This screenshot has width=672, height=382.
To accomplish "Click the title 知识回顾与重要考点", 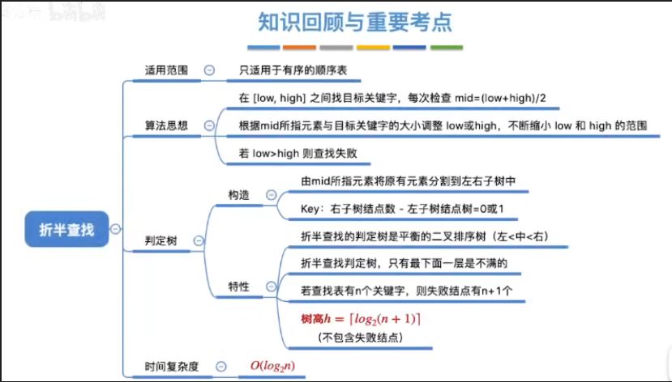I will point(355,22).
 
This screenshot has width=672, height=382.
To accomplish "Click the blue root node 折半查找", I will point(66,230).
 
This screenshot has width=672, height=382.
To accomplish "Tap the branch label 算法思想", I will point(166,125).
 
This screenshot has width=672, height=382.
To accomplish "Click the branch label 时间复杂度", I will point(172,367).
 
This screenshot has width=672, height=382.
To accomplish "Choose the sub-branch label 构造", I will point(239,194).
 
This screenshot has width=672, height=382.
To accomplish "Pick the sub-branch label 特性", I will point(239,286).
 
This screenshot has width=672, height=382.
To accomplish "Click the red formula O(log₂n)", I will point(272,366).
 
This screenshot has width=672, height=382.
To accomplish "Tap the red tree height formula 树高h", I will point(361,319).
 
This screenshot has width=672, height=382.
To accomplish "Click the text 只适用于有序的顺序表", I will point(293,70).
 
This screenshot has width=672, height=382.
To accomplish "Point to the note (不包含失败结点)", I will point(361,336).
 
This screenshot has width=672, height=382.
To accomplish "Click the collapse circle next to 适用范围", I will point(210,70).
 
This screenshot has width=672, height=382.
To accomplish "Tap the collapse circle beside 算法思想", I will point(210,125).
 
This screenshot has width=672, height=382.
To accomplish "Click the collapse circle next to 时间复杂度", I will point(219,367).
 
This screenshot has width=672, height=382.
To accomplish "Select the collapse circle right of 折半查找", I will point(116,230).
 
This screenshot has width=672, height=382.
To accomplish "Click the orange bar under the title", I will point(299,48).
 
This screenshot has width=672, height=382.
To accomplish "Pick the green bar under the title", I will point(446,48).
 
